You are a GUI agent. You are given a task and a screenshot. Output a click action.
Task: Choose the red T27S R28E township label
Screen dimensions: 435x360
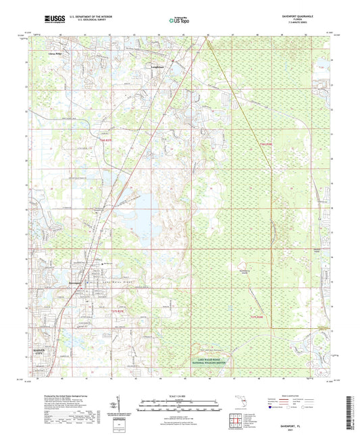click(x=259, y=316)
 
